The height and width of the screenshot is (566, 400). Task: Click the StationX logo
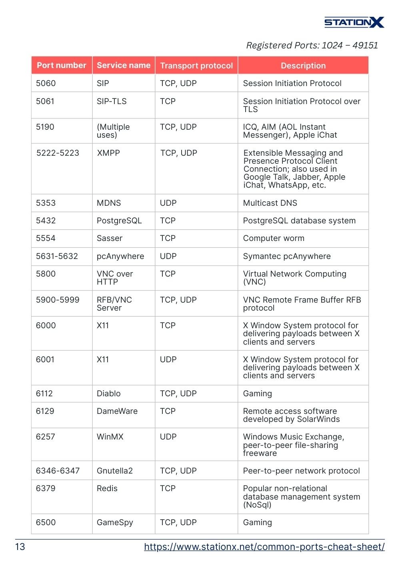click(354, 22)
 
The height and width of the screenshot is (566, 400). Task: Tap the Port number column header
click(62, 65)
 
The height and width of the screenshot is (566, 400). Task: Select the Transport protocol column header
click(196, 66)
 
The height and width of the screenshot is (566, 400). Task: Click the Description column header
click(303, 66)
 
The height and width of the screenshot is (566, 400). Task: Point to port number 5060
click(46, 83)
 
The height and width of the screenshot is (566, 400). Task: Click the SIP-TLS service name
click(112, 101)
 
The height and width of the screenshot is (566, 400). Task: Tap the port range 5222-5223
click(58, 153)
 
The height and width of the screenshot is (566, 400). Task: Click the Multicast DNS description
click(270, 203)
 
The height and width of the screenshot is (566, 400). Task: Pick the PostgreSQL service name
click(119, 221)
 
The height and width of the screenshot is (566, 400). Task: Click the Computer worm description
click(274, 238)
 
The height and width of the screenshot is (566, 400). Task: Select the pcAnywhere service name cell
click(120, 256)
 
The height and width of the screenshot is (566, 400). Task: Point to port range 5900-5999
click(58, 300)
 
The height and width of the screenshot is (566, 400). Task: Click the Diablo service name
click(108, 393)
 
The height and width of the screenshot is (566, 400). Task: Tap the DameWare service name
click(117, 411)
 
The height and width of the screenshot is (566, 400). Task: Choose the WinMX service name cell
click(110, 437)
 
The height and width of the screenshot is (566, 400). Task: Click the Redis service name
click(107, 488)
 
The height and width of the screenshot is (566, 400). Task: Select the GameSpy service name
click(115, 522)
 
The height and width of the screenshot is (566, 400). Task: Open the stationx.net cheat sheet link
click(264, 547)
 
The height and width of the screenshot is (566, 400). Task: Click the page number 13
click(20, 547)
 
